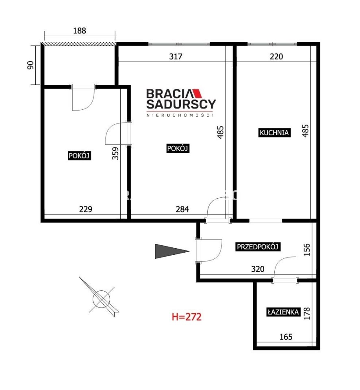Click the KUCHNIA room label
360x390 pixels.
coord(274,132)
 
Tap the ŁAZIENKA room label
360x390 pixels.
coord(283,312)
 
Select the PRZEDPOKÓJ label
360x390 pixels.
coord(258,247)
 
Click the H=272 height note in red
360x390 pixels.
coord(187,317)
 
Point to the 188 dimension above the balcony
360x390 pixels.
coord(80,30)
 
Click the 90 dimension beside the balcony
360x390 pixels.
coord(30,65)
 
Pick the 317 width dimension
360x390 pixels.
coord(176,56)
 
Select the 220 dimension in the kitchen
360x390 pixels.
coord(276,56)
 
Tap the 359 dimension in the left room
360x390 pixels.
coord(115,153)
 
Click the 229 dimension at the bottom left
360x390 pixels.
coord(86,209)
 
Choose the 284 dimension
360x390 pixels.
coord(182,209)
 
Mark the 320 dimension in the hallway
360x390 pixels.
coord(258,269)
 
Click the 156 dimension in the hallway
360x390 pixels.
coord(307,249)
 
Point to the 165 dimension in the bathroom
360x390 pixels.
coord(286,337)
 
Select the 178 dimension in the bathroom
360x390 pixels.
coord(307,313)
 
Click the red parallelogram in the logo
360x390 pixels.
coord(197,93)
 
